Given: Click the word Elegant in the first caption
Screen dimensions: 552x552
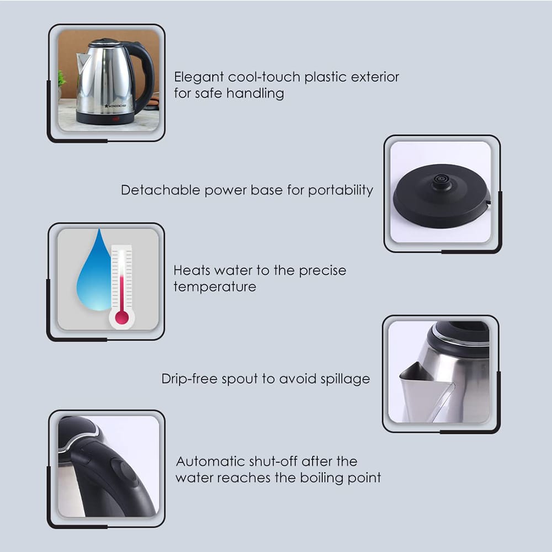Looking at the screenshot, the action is click(199, 77).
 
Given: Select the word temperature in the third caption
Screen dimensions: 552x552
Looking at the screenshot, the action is click(215, 287).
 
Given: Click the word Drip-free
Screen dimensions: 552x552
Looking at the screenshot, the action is click(189, 379).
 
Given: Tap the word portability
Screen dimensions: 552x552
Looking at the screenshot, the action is click(341, 190).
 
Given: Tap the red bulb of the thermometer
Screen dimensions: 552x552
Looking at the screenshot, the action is click(122, 317).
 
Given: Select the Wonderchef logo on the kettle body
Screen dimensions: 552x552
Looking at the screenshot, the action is click(115, 105).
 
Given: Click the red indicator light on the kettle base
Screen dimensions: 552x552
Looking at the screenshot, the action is click(115, 119).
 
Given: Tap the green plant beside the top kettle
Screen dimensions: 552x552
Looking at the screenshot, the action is click(62, 79).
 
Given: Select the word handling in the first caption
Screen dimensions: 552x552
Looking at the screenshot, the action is click(255, 94).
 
